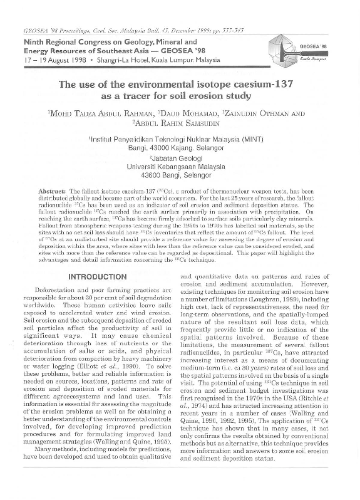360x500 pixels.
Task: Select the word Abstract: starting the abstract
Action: click(x=53, y=189)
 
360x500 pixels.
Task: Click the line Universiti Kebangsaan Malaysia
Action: click(x=180, y=167)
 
